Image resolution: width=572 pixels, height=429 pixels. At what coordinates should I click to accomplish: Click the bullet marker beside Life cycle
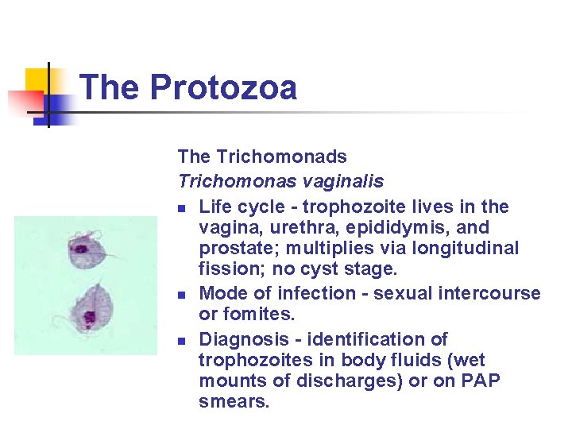coord(182,208)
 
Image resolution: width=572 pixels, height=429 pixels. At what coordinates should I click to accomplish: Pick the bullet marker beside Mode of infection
coord(182,295)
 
